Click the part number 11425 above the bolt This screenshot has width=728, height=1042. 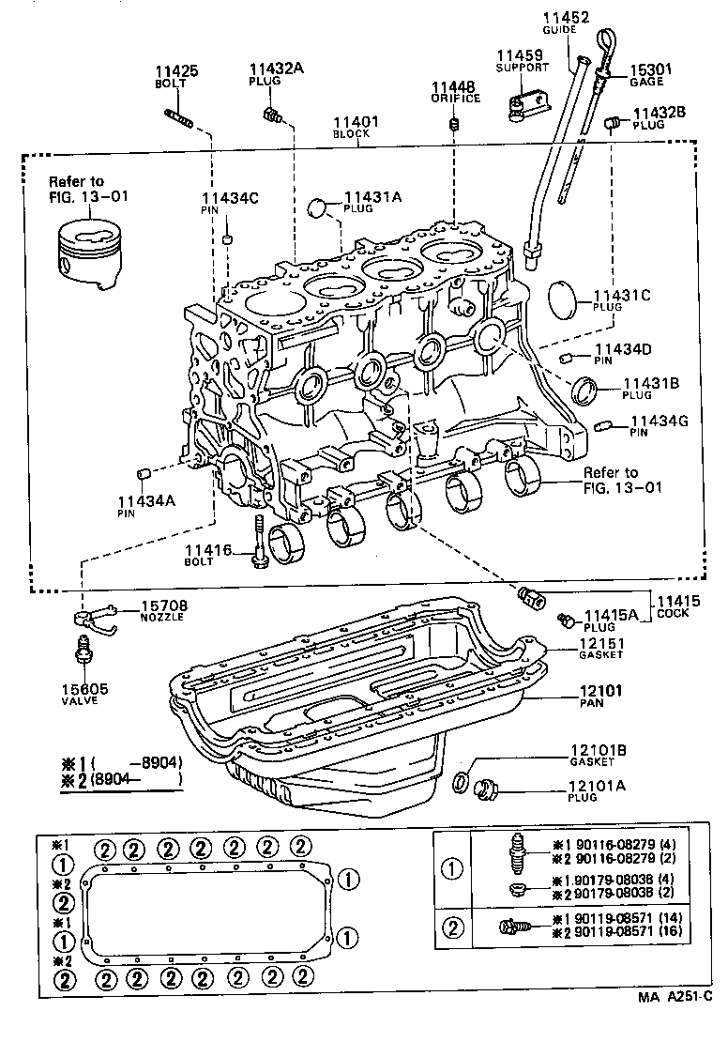[x=176, y=70]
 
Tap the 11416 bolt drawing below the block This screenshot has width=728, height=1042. [x=257, y=544]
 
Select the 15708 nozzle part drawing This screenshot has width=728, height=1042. [x=95, y=616]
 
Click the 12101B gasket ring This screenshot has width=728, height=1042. [x=462, y=780]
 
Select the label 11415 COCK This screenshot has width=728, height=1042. [x=672, y=605]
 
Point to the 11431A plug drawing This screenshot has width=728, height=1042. [x=321, y=206]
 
